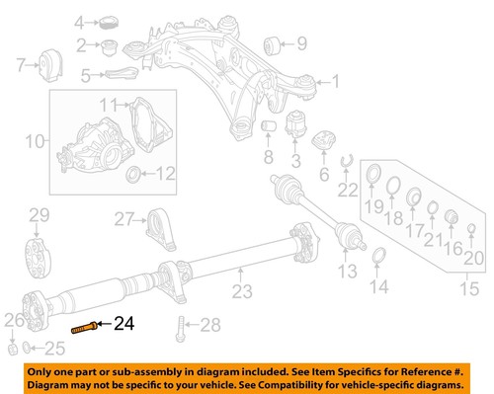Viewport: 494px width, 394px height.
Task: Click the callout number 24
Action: tap(123, 322)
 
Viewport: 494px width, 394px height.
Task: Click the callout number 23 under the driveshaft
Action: tap(241, 290)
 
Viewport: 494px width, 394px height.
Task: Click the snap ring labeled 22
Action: tap(345, 162)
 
